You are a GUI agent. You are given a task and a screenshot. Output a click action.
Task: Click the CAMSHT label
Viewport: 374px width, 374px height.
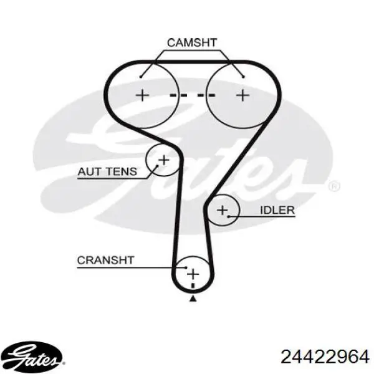click(192, 42)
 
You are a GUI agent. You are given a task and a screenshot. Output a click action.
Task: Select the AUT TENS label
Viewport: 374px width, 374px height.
click(108, 171)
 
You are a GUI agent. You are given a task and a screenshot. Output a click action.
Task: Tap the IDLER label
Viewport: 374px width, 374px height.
click(277, 210)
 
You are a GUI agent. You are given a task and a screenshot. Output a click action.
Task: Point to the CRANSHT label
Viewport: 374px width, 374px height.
click(106, 260)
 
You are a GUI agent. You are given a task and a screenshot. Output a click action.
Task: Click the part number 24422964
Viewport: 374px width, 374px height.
click(325, 357)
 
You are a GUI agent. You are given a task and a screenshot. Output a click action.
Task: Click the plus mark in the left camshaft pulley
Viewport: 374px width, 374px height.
click(142, 95)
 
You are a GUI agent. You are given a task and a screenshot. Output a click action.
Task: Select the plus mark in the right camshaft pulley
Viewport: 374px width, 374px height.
click(243, 95)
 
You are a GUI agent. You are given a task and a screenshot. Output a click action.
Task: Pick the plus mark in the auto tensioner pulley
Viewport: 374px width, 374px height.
click(164, 160)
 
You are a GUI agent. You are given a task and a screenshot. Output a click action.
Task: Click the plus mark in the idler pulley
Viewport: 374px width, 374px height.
click(223, 210)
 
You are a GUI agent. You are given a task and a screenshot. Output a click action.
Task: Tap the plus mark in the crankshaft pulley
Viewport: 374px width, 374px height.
click(193, 274)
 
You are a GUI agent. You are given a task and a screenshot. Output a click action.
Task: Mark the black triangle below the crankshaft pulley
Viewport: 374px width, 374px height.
click(193, 298)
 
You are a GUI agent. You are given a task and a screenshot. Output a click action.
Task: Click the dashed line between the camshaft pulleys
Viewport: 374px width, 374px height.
click(193, 95)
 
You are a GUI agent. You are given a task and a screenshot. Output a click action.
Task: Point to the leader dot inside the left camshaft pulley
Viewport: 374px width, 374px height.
click(141, 77)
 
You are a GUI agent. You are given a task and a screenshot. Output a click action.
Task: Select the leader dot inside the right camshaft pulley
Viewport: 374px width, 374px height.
click(243, 77)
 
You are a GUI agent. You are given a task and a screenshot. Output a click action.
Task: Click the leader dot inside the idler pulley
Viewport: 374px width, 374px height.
click(229, 216)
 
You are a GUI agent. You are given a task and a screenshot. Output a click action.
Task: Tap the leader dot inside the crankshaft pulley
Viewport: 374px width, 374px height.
click(186, 267)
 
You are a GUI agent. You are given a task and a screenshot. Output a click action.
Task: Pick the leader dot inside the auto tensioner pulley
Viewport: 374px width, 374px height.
click(158, 165)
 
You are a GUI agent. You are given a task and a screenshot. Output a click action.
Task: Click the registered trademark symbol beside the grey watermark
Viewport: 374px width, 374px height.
click(334, 187)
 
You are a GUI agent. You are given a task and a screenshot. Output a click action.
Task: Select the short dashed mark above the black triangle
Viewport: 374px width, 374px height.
click(193, 286)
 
